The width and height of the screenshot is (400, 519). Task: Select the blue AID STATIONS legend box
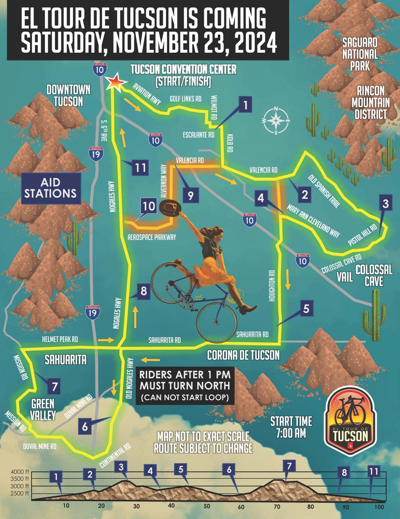coord(51,189)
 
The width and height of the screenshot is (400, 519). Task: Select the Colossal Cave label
coord(374,276)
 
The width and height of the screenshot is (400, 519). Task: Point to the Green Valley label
coord(42,409)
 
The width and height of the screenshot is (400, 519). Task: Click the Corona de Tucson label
coord(243,356)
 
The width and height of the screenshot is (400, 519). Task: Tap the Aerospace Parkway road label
coord(155,237)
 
